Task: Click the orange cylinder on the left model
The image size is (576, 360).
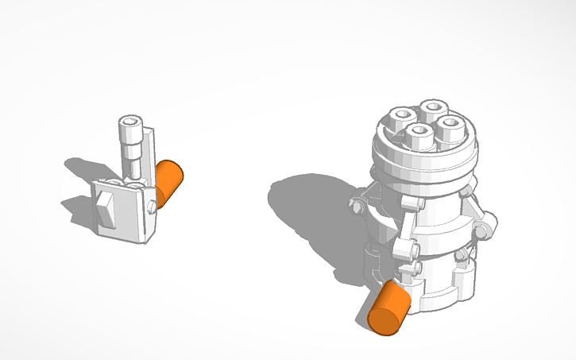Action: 169,182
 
